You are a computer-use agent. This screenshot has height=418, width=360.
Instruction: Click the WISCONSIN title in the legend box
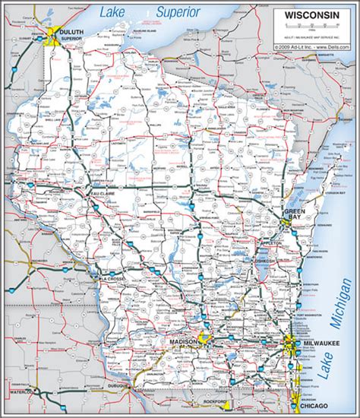[x=312, y=15]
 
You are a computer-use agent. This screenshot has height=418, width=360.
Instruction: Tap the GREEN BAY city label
[x=295, y=213]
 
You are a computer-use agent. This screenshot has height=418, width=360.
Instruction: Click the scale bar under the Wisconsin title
[x=312, y=27]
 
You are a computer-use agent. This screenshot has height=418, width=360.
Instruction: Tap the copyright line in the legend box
[x=312, y=46]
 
